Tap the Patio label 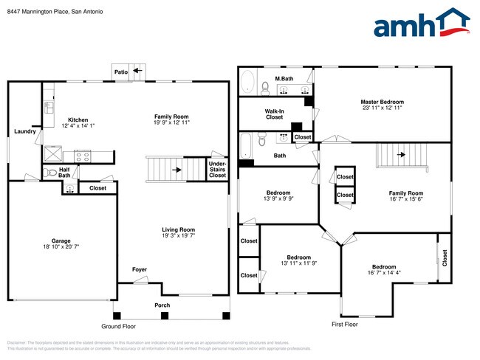click(x=122, y=72)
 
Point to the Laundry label click(x=24, y=131)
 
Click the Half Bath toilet click(x=51, y=173)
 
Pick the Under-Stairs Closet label click(x=217, y=169)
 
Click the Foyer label click(x=140, y=269)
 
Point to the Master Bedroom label click(x=382, y=102)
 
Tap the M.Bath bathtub click(x=248, y=81)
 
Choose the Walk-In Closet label click(x=275, y=113)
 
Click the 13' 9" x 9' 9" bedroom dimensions click(x=279, y=198)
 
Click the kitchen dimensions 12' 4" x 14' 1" click(x=79, y=126)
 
